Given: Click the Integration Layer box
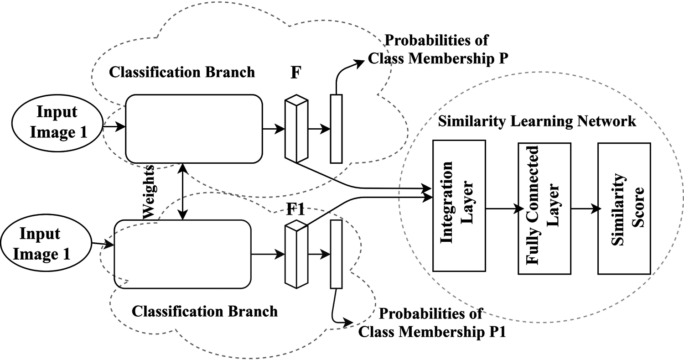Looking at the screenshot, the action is [x=459, y=206].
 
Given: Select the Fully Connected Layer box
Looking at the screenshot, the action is [x=544, y=209].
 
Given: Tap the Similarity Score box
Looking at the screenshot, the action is [x=624, y=209].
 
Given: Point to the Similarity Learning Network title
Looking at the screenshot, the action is [x=537, y=121].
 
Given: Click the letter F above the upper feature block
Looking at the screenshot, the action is [x=296, y=73].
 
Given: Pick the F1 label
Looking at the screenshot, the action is [x=295, y=209].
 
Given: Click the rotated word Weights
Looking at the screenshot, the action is [x=149, y=192].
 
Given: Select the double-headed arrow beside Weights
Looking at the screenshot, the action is [x=182, y=192].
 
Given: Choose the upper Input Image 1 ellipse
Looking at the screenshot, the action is [x=57, y=123].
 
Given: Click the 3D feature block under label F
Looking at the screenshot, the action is [x=296, y=129].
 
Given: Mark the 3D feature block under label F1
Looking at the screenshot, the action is [x=296, y=254].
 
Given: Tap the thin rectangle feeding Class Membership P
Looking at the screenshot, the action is [x=336, y=129].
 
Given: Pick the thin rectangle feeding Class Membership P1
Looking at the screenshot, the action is [x=336, y=254].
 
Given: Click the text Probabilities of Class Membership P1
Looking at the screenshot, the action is [x=432, y=323].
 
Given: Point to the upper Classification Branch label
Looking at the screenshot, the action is [x=182, y=73].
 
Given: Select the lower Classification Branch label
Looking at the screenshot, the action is [x=205, y=312].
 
